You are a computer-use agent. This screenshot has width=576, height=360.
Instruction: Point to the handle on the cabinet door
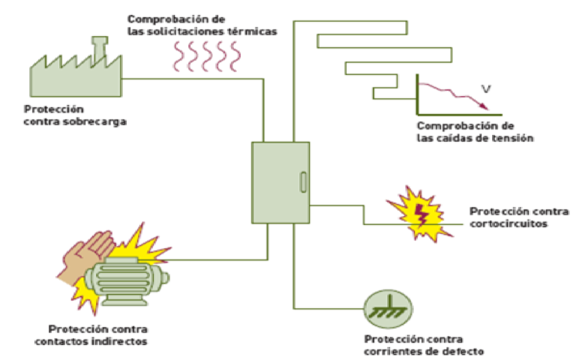tap(302, 182)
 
